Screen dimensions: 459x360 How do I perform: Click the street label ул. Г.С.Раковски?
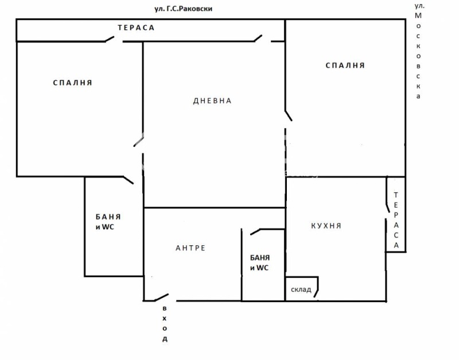[x=183, y=9]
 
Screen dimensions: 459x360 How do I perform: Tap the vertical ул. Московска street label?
[x=418, y=51]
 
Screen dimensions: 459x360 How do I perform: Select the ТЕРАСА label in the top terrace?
[x=136, y=28]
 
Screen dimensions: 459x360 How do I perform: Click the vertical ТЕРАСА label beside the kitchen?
[x=396, y=220]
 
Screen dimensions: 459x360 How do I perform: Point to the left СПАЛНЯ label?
[x=73, y=83]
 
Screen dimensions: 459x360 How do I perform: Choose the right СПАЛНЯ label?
[x=345, y=65]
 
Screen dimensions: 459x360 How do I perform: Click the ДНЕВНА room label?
[x=212, y=101]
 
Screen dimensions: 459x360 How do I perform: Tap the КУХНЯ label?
[x=326, y=226]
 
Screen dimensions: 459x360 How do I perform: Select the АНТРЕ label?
[x=190, y=248]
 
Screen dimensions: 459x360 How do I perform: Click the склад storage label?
[x=301, y=289]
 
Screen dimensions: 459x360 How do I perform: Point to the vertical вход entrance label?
[x=165, y=324]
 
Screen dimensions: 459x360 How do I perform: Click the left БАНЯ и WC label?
[x=108, y=222]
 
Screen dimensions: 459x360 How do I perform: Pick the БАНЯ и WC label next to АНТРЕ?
[x=260, y=263]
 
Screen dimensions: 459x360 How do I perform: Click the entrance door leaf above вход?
[x=161, y=297]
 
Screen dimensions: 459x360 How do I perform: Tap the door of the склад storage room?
[x=317, y=293]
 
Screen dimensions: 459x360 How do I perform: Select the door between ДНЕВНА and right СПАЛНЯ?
[x=289, y=115]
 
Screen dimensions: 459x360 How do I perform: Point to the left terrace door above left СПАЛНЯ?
[x=110, y=39]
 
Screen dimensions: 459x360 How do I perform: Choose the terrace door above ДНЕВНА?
[x=258, y=38]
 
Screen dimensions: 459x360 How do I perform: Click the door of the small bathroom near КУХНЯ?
[x=255, y=232]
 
